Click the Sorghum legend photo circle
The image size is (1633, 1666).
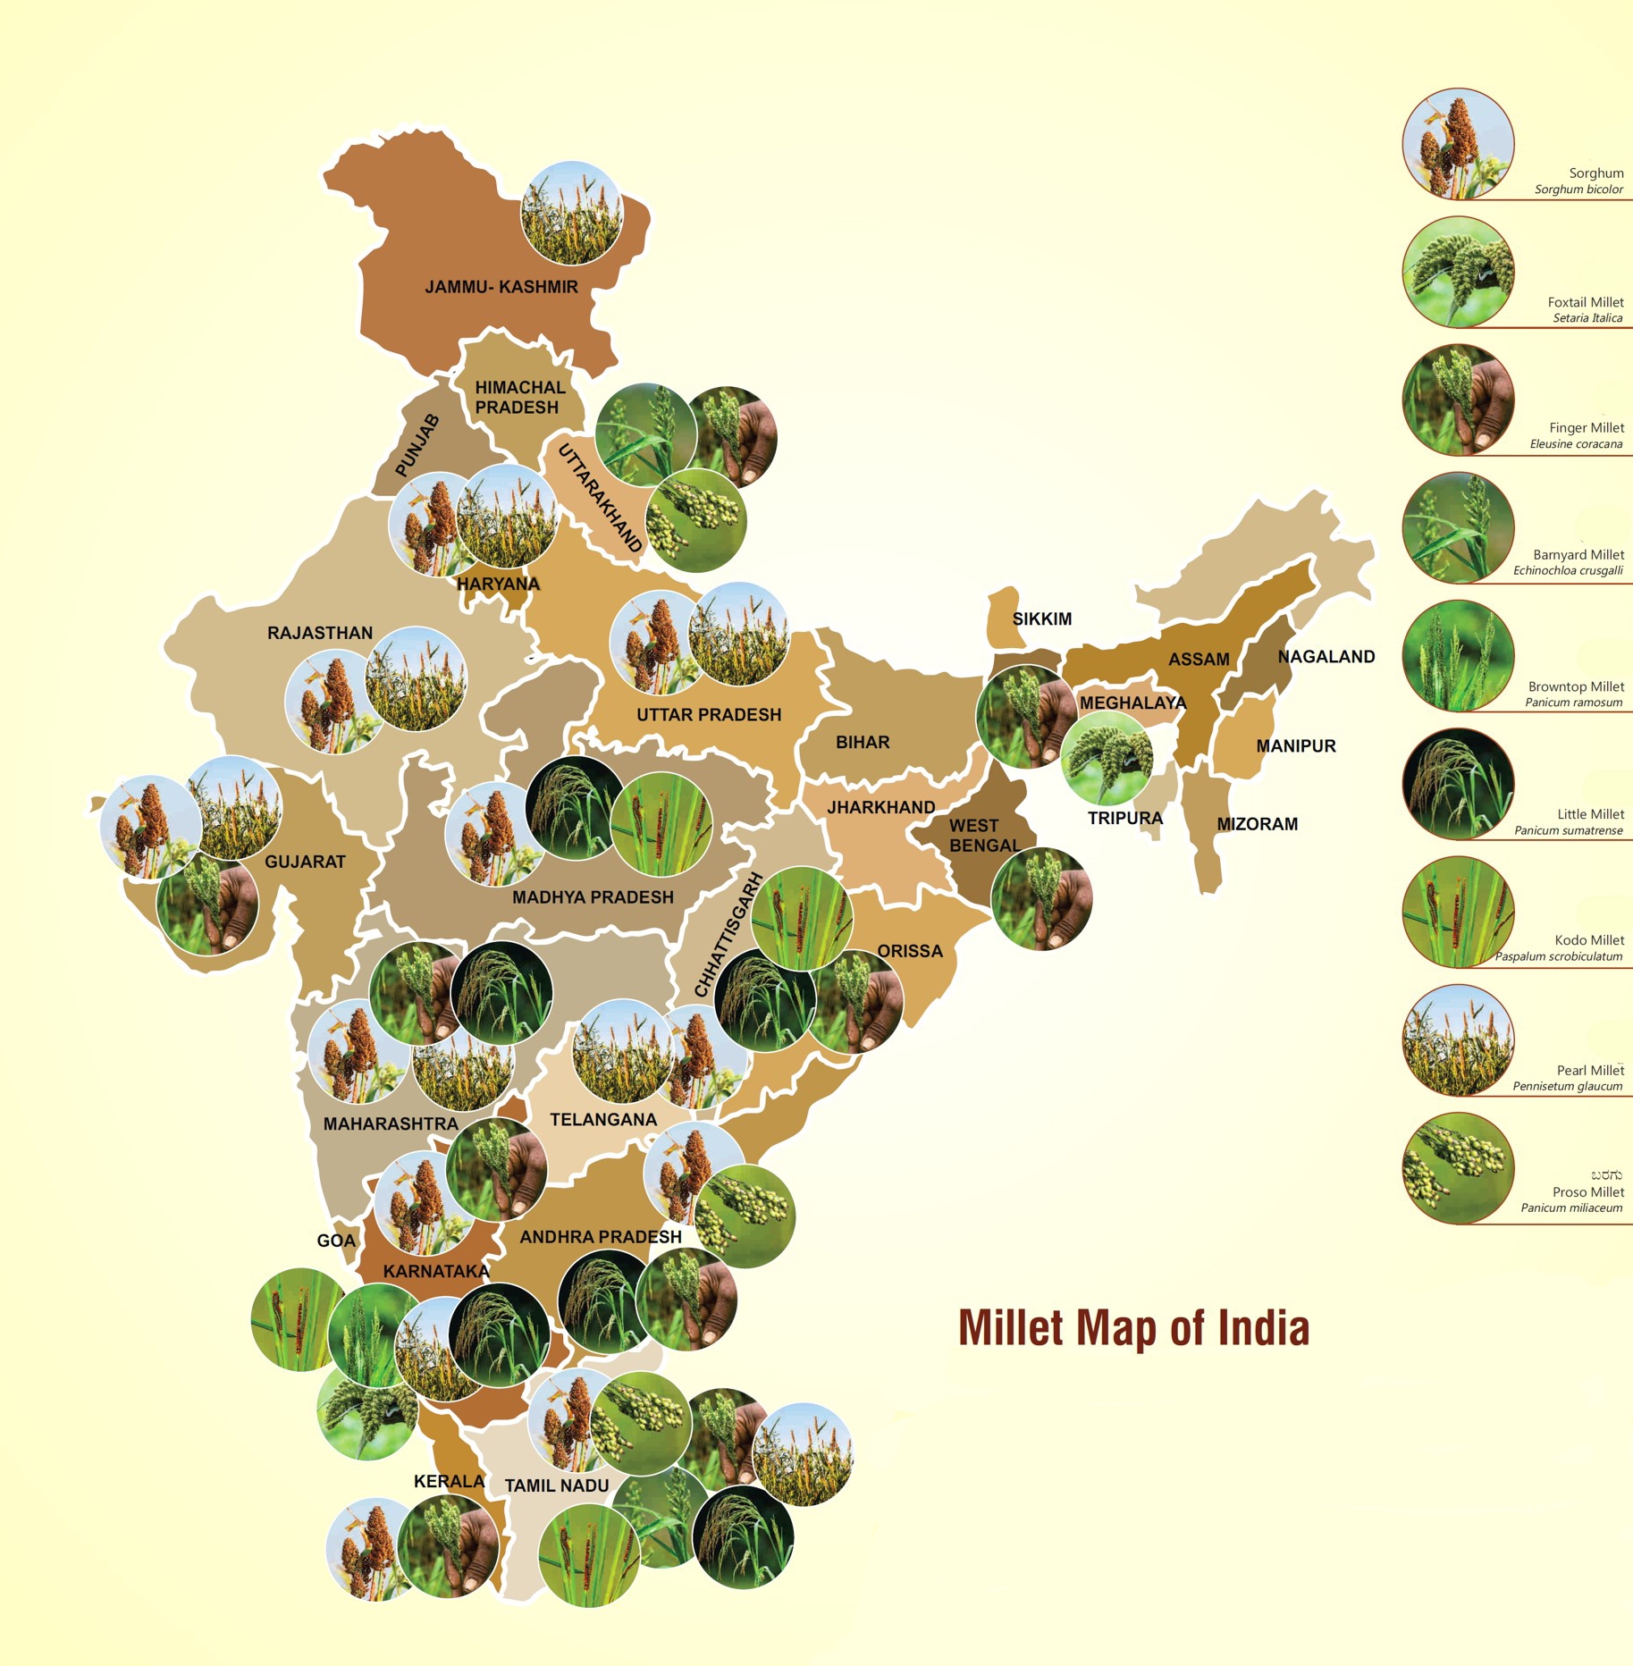pos(1458,144)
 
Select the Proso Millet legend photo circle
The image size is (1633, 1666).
pos(1458,1168)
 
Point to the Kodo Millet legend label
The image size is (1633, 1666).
pos(1589,939)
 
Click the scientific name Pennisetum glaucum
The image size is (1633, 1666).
pos(1567,1086)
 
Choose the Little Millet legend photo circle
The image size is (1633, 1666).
pos(1458,784)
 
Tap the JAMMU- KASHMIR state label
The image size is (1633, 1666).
pos(501,287)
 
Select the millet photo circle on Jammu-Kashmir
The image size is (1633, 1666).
pos(571,213)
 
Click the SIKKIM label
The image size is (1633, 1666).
pos(1041,618)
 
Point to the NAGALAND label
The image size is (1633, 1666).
pos(1326,656)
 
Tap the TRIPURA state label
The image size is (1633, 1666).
pos(1124,818)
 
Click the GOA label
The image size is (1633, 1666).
pos(336,1240)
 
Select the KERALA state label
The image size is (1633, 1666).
pos(449,1481)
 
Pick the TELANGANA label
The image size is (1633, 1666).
pos(602,1119)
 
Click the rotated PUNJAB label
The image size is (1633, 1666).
pos(417,445)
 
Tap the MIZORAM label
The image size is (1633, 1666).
pos(1257,823)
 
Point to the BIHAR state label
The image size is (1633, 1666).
pos(863,742)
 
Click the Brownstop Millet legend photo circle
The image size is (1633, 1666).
pos(1458,655)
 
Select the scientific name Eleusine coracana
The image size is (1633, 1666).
pos(1575,443)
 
